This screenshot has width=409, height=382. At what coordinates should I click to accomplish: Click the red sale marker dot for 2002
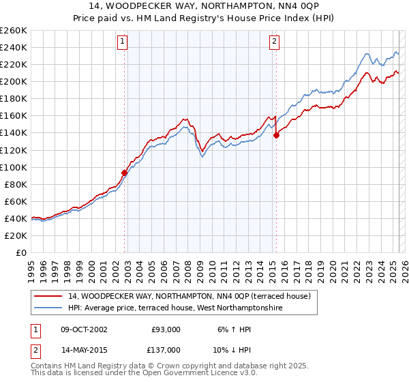125,173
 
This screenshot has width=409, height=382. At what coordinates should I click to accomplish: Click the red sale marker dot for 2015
276,135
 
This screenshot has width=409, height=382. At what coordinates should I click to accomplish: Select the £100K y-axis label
14,167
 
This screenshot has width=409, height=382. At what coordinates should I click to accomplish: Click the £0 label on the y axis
20,252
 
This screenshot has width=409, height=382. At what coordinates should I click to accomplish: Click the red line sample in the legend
49,296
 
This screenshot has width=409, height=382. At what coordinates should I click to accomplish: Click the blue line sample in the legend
49,308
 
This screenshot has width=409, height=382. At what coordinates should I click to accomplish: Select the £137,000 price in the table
166,350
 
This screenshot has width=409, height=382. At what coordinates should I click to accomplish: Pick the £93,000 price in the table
166,329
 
